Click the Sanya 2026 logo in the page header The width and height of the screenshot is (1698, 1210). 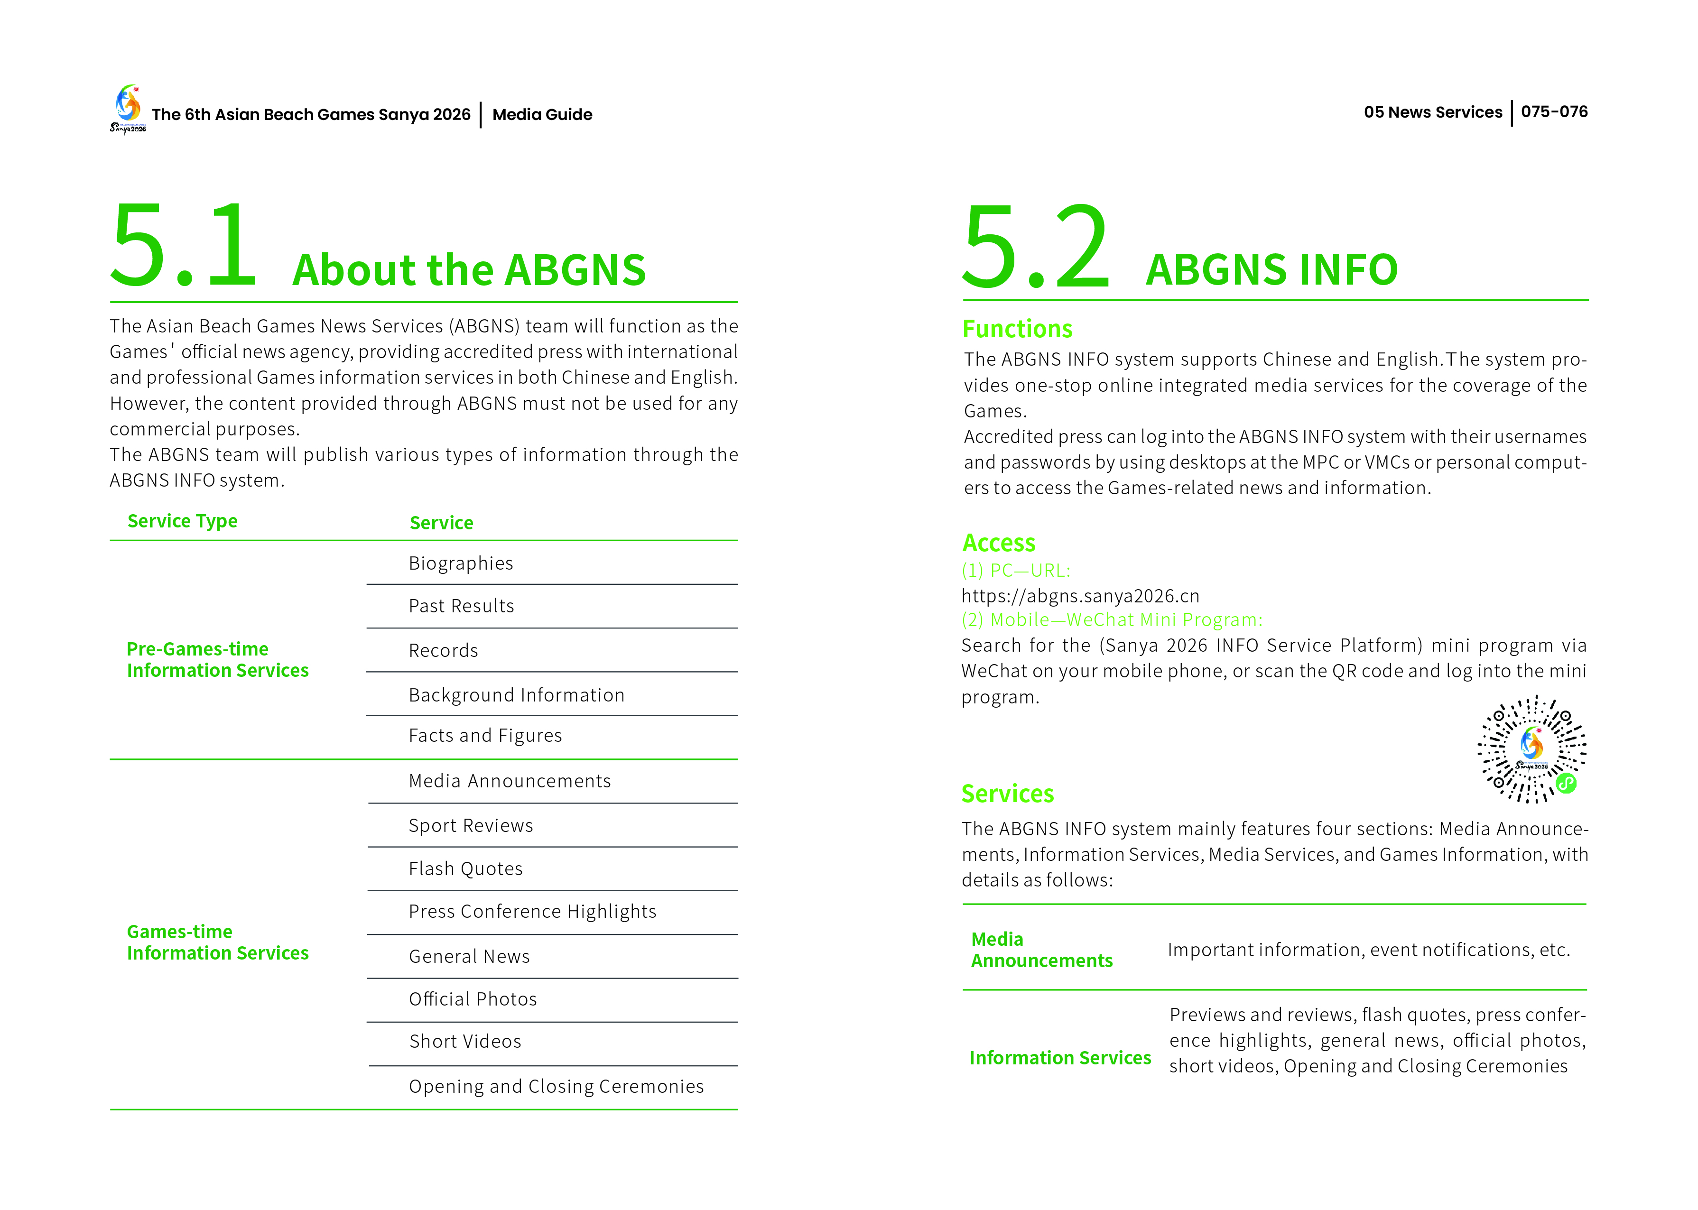click(x=128, y=109)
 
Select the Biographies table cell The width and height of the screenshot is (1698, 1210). click(x=461, y=563)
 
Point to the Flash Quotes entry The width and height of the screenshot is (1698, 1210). click(x=466, y=869)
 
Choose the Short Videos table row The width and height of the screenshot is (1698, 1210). click(x=465, y=1042)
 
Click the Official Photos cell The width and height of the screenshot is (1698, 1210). click(x=473, y=999)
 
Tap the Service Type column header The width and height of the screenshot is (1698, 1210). click(x=183, y=521)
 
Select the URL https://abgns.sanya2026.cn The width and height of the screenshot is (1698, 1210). click(x=1080, y=596)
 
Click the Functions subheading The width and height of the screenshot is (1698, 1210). click(x=1017, y=329)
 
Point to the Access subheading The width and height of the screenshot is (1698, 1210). click(x=998, y=543)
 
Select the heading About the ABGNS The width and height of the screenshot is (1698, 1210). click(x=469, y=270)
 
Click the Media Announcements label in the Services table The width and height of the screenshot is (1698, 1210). click(x=1041, y=950)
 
